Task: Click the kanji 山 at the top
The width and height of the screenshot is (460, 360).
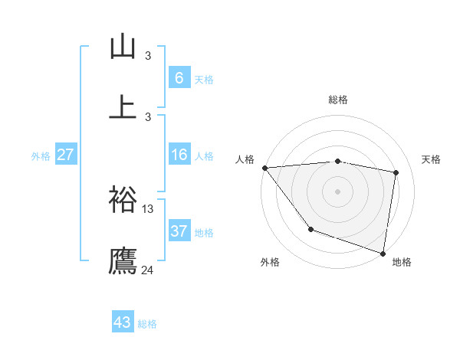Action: (123, 47)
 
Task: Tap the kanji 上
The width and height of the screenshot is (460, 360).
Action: (123, 106)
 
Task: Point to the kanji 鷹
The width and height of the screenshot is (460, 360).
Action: (123, 260)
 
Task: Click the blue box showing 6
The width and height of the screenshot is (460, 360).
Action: (179, 78)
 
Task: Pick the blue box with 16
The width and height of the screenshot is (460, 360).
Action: (179, 155)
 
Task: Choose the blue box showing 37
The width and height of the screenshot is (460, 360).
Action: (179, 231)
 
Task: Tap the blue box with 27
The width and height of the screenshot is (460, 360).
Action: (65, 155)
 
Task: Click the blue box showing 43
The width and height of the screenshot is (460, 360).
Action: (123, 322)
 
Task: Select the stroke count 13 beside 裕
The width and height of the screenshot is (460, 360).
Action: (148, 208)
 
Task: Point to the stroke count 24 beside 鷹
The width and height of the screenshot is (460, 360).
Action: (148, 270)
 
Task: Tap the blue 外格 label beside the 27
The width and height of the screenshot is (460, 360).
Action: (41, 155)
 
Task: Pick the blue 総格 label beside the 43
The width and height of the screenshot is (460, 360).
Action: (147, 323)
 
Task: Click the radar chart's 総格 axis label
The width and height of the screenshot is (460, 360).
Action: (338, 100)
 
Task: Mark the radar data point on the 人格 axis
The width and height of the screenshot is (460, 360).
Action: (264, 168)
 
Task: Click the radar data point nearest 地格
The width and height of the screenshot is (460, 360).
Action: (383, 252)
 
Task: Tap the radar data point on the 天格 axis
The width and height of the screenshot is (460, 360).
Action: (396, 172)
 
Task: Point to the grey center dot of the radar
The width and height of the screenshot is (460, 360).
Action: (338, 191)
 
